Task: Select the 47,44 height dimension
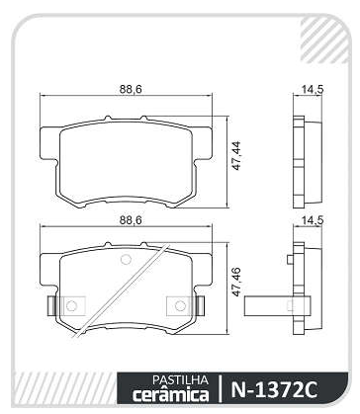(236, 155)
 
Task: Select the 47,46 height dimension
(236, 283)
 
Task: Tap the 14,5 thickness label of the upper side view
(313, 89)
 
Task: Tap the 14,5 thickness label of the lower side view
(313, 220)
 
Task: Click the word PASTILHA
(180, 380)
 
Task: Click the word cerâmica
(170, 394)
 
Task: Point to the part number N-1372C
(274, 390)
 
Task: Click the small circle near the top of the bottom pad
(126, 259)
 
